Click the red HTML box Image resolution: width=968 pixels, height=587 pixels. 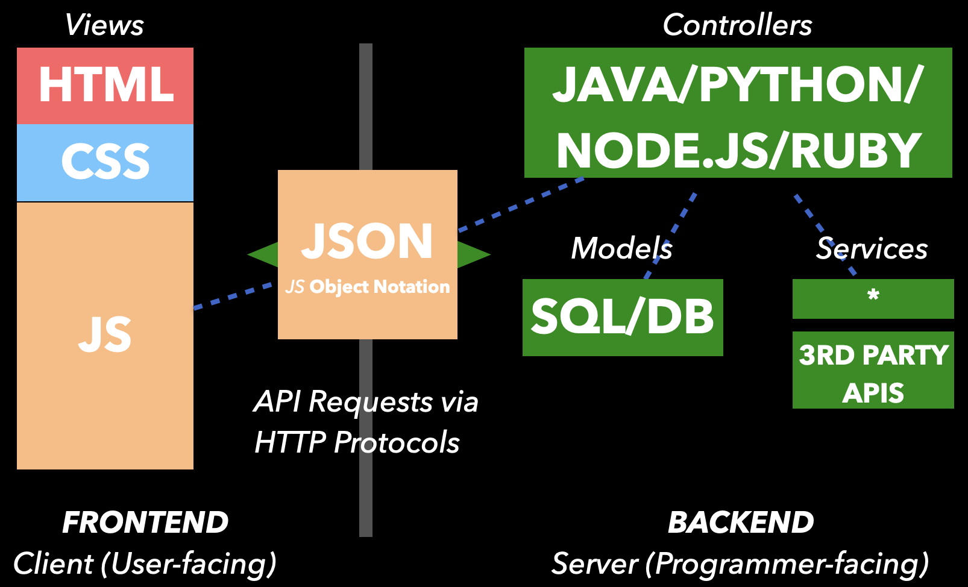point(105,86)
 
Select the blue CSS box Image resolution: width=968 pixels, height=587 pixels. point(105,162)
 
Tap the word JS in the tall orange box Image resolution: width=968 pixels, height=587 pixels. point(105,335)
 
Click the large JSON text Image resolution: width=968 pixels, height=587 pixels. point(367,242)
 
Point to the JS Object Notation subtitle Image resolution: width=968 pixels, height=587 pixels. point(368,286)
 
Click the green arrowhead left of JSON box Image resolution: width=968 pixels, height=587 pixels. point(264,254)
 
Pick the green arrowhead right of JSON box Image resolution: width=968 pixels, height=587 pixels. point(473,254)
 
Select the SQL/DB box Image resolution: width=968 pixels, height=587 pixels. point(622,317)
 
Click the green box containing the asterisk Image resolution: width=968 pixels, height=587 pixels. point(873,298)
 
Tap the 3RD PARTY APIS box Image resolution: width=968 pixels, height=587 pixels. point(873,370)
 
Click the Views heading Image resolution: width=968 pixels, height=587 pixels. point(104,25)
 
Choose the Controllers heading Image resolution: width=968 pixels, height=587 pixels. point(737,25)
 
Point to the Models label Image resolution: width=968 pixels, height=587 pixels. point(621,248)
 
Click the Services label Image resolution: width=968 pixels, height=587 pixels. point(872,248)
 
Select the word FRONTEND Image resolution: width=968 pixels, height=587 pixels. point(145,523)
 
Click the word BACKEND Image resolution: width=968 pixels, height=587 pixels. point(741,523)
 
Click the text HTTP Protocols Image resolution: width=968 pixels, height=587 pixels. point(357,442)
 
